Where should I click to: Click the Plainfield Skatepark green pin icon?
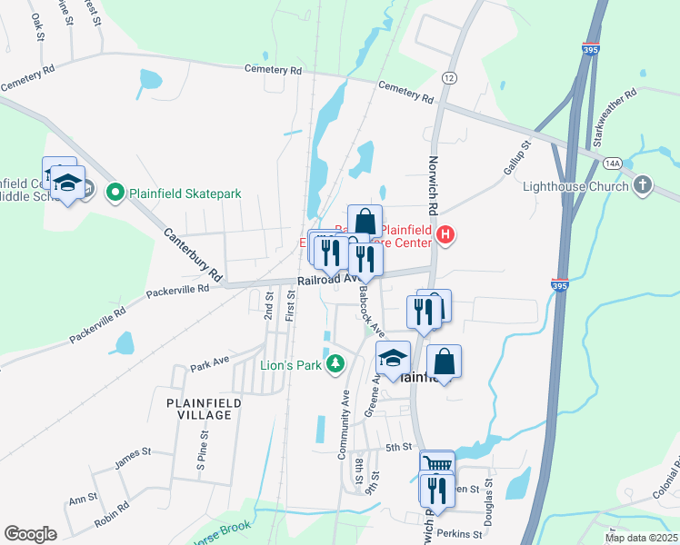point(115,192)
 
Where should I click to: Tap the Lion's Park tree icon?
point(335,363)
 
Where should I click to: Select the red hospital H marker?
point(445,236)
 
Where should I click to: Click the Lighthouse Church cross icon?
point(644,186)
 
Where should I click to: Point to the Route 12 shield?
point(448,79)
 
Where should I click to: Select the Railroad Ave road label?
point(320,282)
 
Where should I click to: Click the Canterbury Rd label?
point(193,253)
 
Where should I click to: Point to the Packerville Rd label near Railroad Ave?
point(178,292)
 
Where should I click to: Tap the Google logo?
point(30,533)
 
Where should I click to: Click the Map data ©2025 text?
point(640,538)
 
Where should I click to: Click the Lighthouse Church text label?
point(575,186)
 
